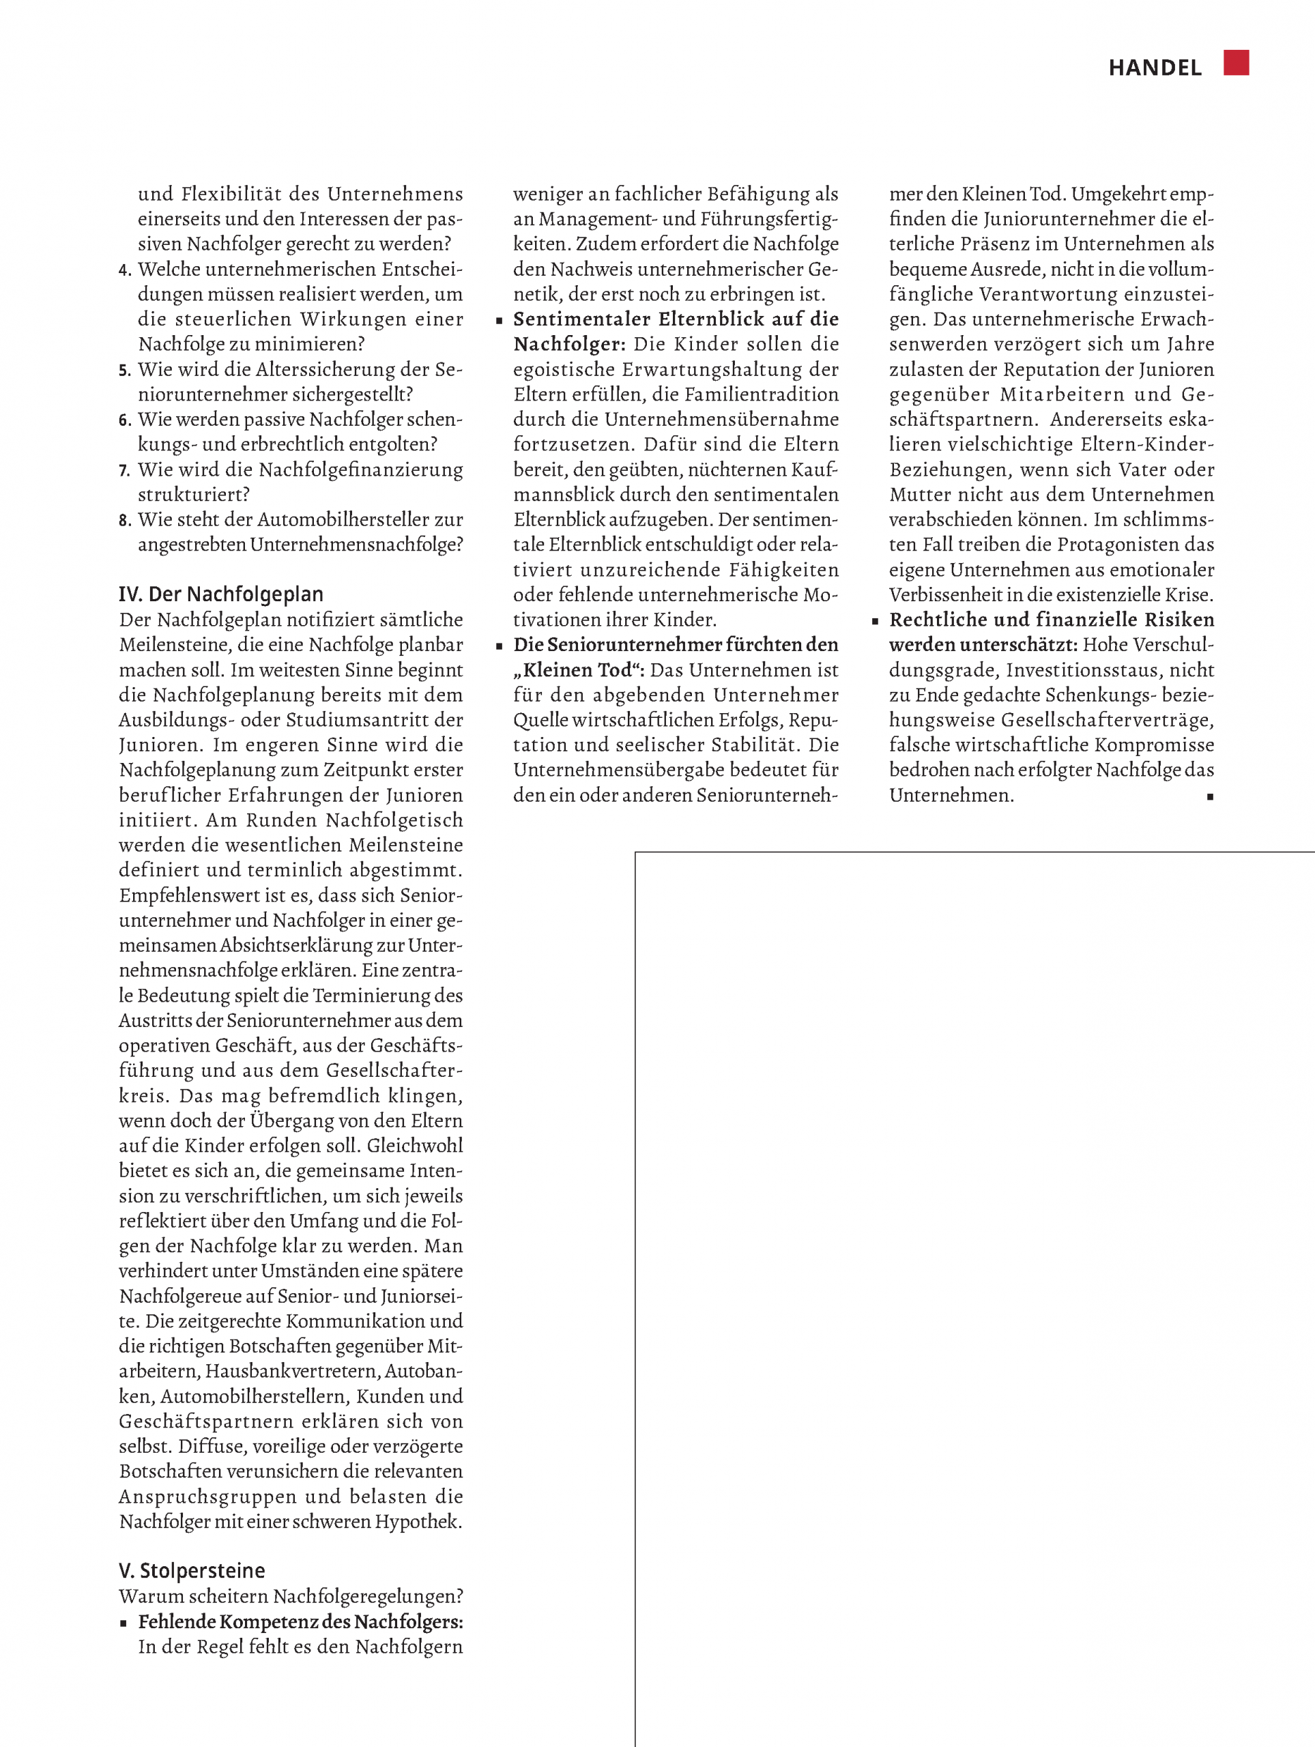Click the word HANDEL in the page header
pyautogui.click(x=1155, y=68)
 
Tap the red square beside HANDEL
pyautogui.click(x=1236, y=62)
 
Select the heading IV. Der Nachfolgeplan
pyautogui.click(x=221, y=594)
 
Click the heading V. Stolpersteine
pyautogui.click(x=192, y=1570)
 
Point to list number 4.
pyautogui.click(x=125, y=270)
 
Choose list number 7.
pyautogui.click(x=125, y=471)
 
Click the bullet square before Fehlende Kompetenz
pyautogui.click(x=124, y=1623)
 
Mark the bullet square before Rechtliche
pyautogui.click(x=875, y=622)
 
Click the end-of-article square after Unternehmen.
pyautogui.click(x=1210, y=797)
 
